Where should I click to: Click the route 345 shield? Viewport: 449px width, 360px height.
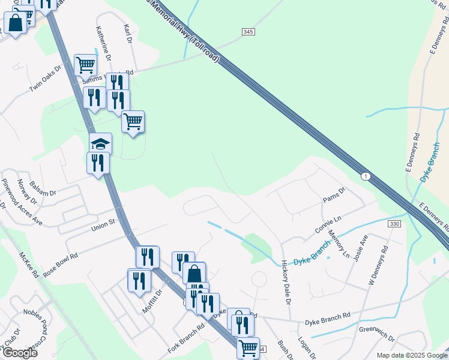249,31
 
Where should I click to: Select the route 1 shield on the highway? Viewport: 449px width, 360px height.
365,176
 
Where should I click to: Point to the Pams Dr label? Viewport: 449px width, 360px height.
334,196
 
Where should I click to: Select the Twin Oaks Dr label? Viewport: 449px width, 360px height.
46,79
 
